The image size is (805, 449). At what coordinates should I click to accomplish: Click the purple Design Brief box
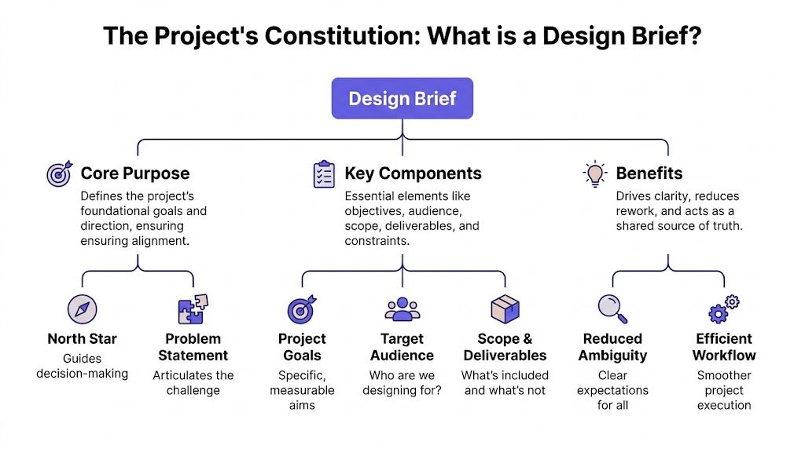point(402,98)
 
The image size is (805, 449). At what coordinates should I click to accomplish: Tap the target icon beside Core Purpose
point(59,173)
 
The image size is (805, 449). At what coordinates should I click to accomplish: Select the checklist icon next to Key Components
point(324,173)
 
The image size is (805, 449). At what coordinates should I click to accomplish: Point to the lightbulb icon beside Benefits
point(595,173)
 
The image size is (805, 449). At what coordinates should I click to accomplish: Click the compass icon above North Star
point(82,309)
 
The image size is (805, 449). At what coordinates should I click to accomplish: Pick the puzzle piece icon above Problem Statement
point(193,309)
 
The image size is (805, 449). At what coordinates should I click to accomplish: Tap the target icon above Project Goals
point(302,310)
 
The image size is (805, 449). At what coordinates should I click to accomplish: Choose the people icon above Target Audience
point(402,309)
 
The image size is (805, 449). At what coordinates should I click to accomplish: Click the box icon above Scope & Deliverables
point(505,309)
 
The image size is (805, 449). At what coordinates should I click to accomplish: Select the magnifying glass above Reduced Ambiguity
point(612,308)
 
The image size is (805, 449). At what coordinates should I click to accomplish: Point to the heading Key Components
point(413,173)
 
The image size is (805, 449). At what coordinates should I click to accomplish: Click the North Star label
point(82,339)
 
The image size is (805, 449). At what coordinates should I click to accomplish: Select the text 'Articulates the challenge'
point(193,383)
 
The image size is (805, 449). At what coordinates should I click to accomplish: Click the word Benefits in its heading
point(649,173)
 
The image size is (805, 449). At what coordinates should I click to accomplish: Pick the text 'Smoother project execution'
point(724,390)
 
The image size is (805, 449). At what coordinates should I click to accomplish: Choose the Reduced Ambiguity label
point(612,347)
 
